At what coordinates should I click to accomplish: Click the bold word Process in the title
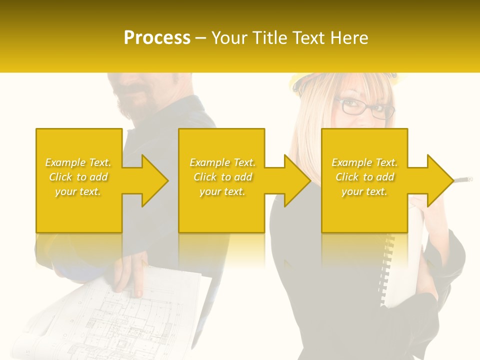(157, 37)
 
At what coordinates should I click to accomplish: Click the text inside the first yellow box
(78, 177)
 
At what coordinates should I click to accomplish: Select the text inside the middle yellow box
(222, 177)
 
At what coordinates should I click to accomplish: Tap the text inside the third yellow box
(364, 177)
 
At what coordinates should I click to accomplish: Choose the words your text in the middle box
(222, 191)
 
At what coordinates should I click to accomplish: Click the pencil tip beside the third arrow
(468, 178)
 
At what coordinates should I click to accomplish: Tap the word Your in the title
(230, 37)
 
